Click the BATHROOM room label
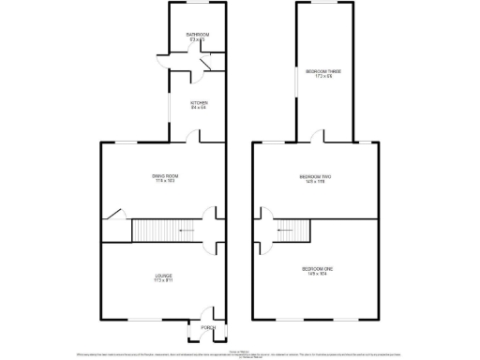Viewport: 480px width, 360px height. [197, 35]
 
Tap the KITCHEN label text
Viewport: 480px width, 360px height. [199, 102]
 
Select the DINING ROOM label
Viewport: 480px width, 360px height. [166, 175]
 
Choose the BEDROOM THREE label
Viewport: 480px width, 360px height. [322, 71]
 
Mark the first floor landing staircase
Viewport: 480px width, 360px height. [292, 230]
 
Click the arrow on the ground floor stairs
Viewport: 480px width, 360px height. [187, 230]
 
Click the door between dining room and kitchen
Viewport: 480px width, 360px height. [191, 137]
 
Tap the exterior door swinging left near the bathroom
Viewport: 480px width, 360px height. [163, 63]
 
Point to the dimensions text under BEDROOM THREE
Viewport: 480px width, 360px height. [322, 77]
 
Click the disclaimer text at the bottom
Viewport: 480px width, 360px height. [240, 354]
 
